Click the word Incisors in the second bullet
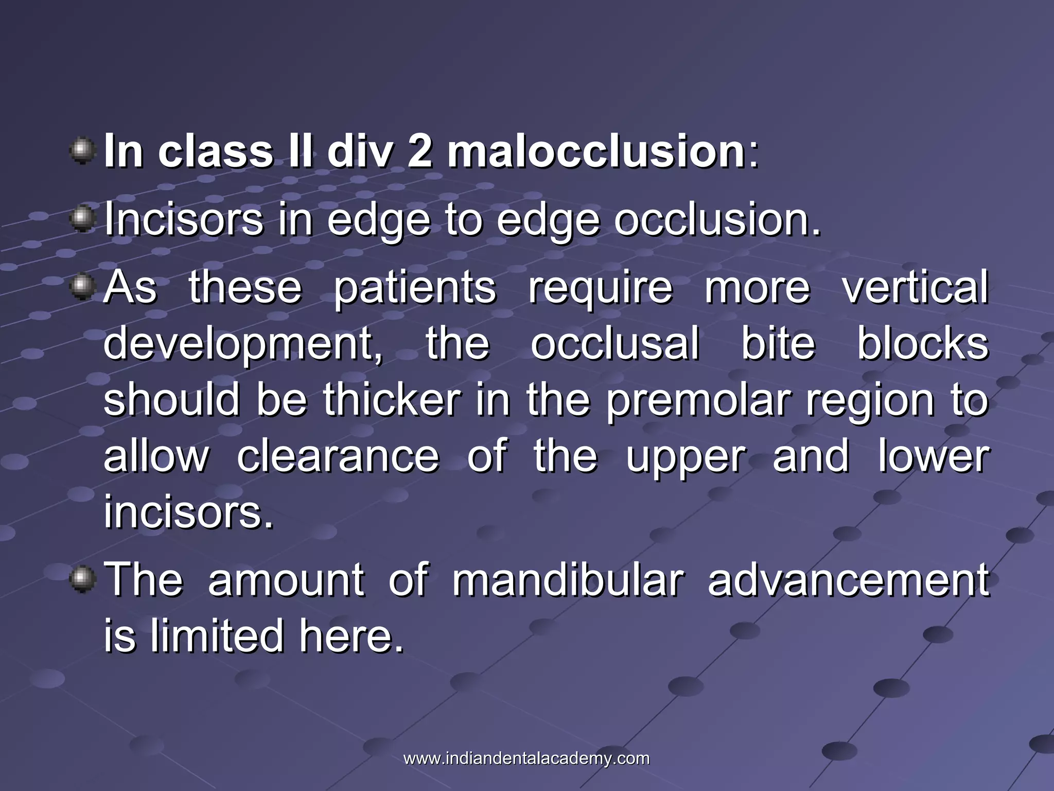point(183,220)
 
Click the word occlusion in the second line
point(717,220)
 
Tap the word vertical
point(915,287)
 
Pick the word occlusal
point(615,343)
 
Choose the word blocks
point(923,343)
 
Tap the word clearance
point(338,456)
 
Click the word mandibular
point(568,580)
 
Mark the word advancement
point(848,580)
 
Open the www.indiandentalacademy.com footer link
point(526,759)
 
